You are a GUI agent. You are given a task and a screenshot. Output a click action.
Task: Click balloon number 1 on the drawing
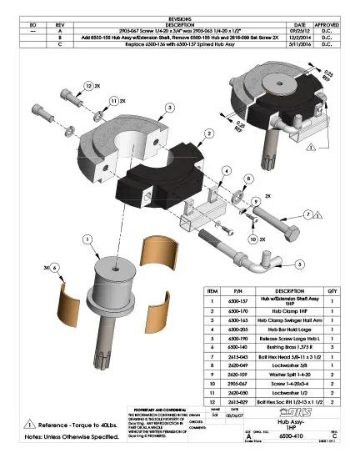coord(86,239)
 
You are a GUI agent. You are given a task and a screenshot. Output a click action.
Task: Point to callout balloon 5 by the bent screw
coord(299,264)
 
